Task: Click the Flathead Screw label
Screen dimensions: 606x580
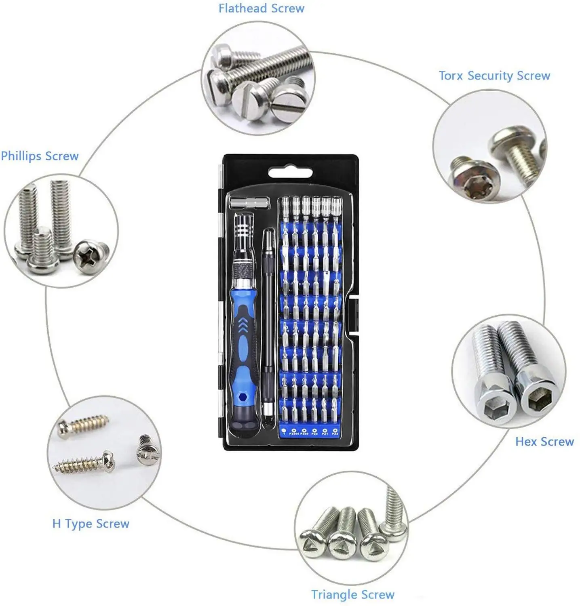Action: click(x=261, y=8)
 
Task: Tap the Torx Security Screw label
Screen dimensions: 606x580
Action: click(x=494, y=76)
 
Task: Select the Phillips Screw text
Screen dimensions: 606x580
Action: click(x=40, y=156)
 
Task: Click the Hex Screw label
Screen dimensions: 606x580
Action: click(x=544, y=442)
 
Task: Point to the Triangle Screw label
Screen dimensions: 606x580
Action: click(x=352, y=594)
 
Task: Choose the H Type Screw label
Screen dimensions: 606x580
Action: click(x=91, y=524)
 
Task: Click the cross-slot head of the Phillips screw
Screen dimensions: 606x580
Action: click(x=90, y=255)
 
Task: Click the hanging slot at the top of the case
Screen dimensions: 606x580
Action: click(x=291, y=173)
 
